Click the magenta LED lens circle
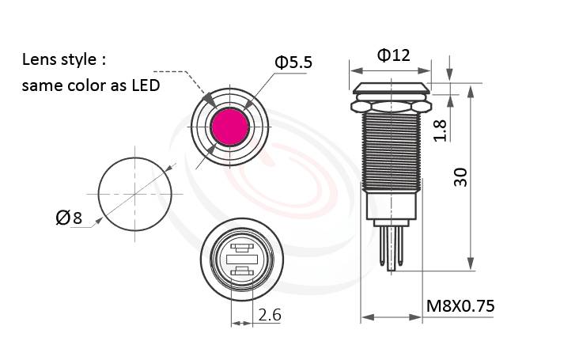(x=230, y=126)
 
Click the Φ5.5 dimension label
(x=293, y=62)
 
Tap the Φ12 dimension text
(x=392, y=55)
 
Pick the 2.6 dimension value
(x=269, y=315)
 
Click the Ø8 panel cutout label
(x=69, y=218)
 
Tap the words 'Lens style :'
(x=63, y=60)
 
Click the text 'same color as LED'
(x=91, y=85)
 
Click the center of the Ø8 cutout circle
(x=135, y=193)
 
